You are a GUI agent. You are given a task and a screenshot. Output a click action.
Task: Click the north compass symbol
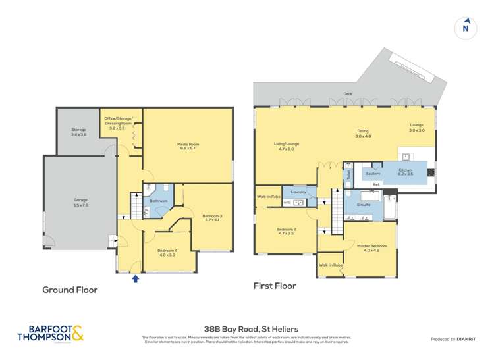[x=466, y=27]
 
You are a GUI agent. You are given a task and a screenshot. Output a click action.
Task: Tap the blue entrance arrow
[x=136, y=278]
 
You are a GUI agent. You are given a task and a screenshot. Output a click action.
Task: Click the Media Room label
[x=187, y=146]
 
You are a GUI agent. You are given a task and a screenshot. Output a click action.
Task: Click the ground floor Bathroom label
[x=159, y=201]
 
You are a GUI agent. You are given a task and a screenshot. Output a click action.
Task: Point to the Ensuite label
[x=363, y=205]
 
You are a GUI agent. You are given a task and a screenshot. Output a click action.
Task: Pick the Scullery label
[x=373, y=174]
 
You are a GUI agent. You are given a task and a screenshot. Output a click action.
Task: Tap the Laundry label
[x=299, y=192]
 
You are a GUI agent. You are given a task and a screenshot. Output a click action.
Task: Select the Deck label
[x=348, y=94]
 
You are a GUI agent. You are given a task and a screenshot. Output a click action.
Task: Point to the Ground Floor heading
[x=70, y=290]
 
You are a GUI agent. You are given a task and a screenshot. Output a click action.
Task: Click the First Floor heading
[x=275, y=286]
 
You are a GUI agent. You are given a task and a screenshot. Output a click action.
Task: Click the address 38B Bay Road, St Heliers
[x=247, y=328]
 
